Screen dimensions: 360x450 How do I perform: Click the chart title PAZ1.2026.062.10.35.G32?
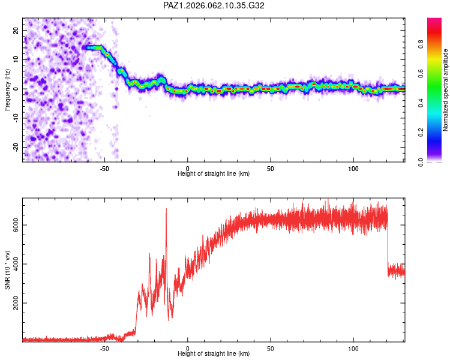coord(214,5)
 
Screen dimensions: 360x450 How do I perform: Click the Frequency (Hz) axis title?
coord(7,90)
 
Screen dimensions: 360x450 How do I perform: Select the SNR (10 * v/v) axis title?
coord(7,270)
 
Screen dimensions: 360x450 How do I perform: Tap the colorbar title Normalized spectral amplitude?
coord(446,90)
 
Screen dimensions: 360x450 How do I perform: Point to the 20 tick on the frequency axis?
coord(16,30)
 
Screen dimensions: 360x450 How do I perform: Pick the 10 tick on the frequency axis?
coord(16,59)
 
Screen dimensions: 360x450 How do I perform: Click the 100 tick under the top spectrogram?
coord(353,167)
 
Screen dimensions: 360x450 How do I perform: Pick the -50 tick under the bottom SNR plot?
coord(104,347)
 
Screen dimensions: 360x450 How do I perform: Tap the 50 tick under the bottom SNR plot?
coord(271,347)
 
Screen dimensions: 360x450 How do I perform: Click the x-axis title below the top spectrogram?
coord(214,173)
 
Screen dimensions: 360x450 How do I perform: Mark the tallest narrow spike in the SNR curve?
coord(166,210)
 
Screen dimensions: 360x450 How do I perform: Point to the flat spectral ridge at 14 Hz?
coord(92,47)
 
